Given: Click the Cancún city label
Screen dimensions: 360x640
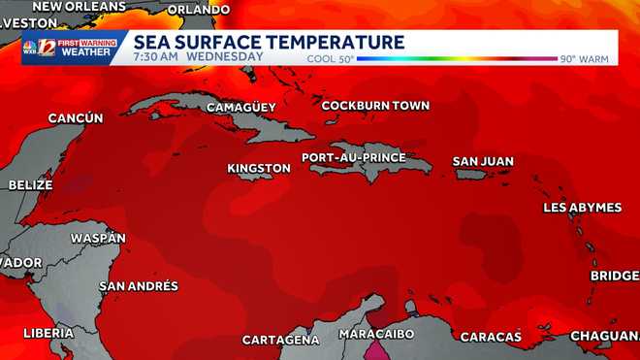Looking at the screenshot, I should click(x=76, y=118).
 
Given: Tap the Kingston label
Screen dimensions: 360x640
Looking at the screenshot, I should click(x=259, y=168).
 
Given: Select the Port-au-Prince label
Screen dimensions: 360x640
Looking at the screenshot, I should click(x=353, y=157).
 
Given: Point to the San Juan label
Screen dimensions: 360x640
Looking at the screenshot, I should click(x=483, y=161).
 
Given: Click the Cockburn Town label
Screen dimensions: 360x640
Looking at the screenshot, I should click(x=375, y=105).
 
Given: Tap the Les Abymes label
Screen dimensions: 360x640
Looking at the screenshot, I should click(x=582, y=208).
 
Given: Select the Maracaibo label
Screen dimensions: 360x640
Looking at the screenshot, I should click(x=377, y=334).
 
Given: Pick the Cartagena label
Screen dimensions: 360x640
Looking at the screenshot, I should click(x=280, y=340).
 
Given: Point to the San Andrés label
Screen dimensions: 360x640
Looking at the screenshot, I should click(x=139, y=285).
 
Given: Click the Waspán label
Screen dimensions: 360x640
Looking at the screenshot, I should click(x=98, y=238).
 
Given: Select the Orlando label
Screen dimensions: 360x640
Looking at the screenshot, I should click(x=199, y=10).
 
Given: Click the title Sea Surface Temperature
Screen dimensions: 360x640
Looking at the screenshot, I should click(x=269, y=42).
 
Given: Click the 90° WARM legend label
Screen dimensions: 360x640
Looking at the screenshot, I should click(x=584, y=59).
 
